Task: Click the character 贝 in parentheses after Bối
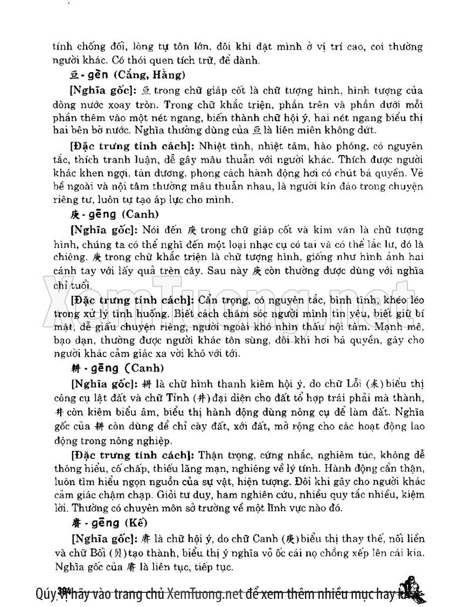click(x=113, y=553)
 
